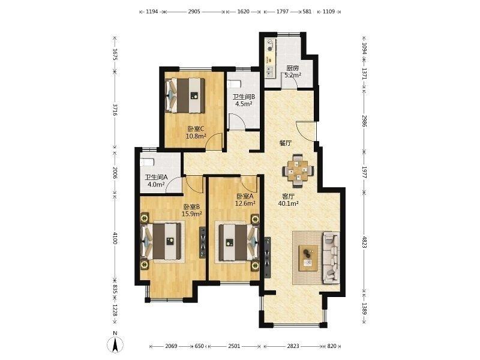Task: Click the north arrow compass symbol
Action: tap(115, 344)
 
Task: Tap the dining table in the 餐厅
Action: tap(298, 170)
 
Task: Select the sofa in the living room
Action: tap(331, 258)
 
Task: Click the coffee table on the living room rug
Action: tap(308, 258)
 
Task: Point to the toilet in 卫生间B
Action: tap(235, 84)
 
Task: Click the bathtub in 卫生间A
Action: tap(146, 162)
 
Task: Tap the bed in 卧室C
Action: tap(185, 95)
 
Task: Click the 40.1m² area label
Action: tap(289, 203)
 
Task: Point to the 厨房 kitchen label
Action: tap(292, 68)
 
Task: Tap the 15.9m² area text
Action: tap(192, 214)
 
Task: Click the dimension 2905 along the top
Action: tap(194, 11)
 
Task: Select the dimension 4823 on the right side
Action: tap(364, 242)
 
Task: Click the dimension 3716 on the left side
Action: tap(115, 110)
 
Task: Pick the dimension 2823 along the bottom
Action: tap(293, 346)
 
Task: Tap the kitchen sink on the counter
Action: tap(269, 71)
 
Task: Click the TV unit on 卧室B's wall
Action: tap(202, 242)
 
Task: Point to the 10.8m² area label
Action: tap(196, 136)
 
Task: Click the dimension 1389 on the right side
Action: tap(364, 308)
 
